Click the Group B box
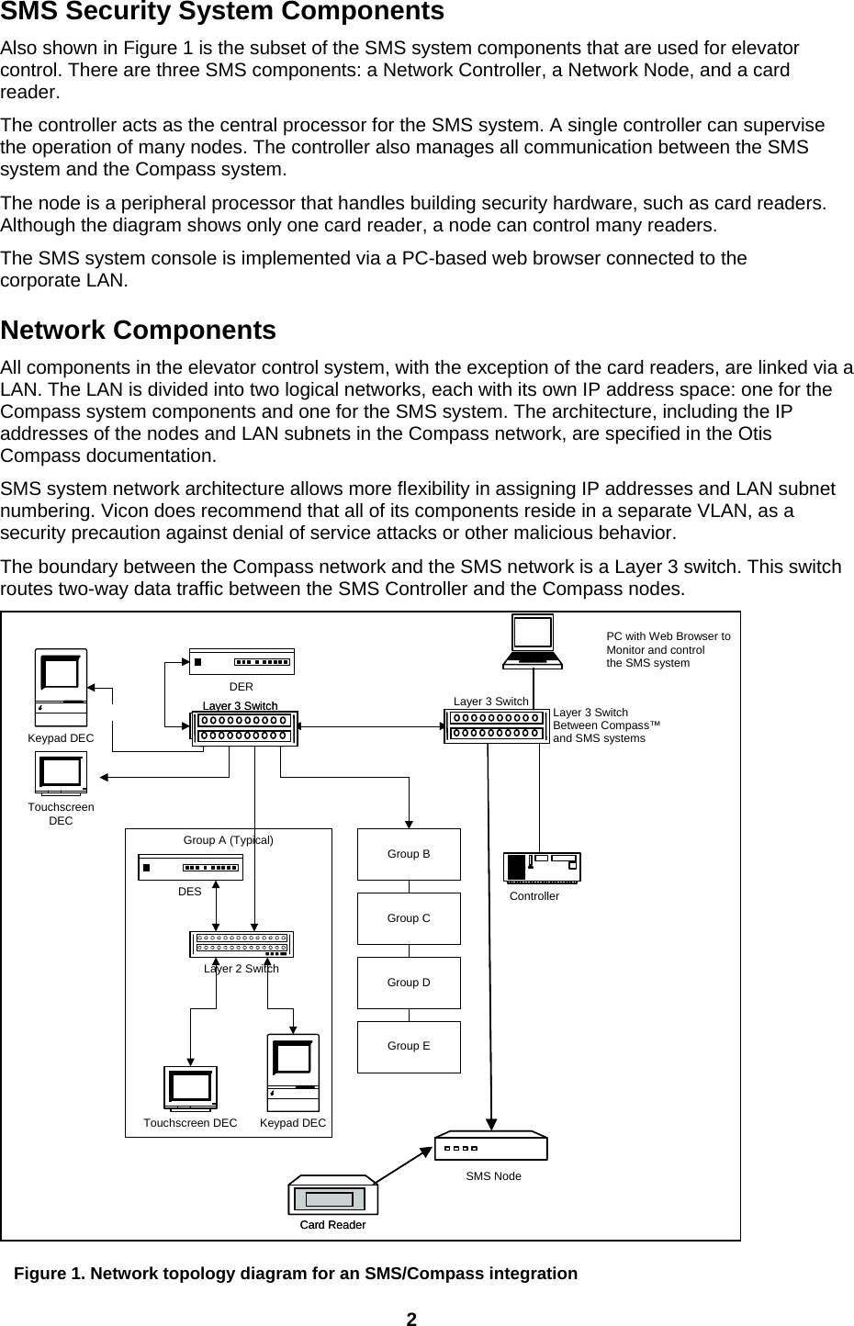[409, 854]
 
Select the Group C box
[409, 918]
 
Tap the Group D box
[409, 983]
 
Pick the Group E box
[409, 1047]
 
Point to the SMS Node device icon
[491, 1147]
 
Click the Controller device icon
[542, 867]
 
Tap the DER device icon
[242, 661]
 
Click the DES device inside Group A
[190, 868]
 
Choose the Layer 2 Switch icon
[241, 944]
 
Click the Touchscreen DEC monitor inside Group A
[190, 1089]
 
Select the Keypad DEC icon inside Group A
[293, 1073]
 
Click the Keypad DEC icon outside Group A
[61, 688]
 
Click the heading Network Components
[139, 330]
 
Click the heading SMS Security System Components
[222, 12]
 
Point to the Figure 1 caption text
[295, 1274]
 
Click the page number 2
[411, 1319]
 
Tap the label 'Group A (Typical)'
[229, 839]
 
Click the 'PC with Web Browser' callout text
[668, 649]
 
